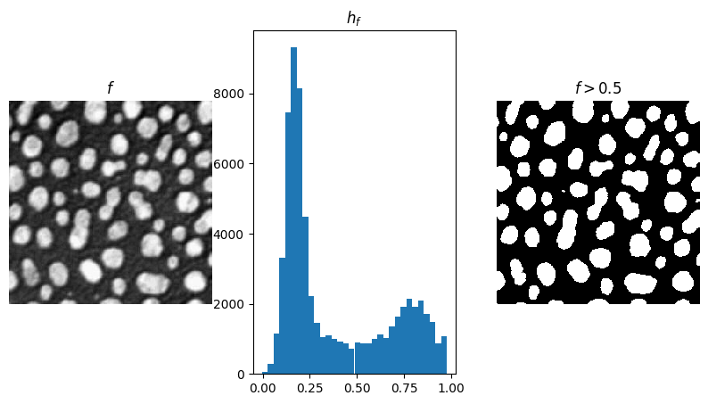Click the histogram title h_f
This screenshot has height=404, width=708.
(x=354, y=19)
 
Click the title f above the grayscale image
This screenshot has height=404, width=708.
(x=111, y=88)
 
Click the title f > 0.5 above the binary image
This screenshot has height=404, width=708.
(x=598, y=88)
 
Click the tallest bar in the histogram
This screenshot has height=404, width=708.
(x=293, y=214)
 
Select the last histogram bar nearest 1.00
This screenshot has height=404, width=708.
(x=443, y=357)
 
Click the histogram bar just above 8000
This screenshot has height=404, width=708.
(x=300, y=232)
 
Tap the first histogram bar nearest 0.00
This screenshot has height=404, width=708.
(x=265, y=372)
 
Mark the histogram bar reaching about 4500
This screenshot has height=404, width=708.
(x=305, y=294)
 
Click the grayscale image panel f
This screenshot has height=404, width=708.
(x=111, y=202)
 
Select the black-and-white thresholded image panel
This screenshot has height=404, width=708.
(x=598, y=202)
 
